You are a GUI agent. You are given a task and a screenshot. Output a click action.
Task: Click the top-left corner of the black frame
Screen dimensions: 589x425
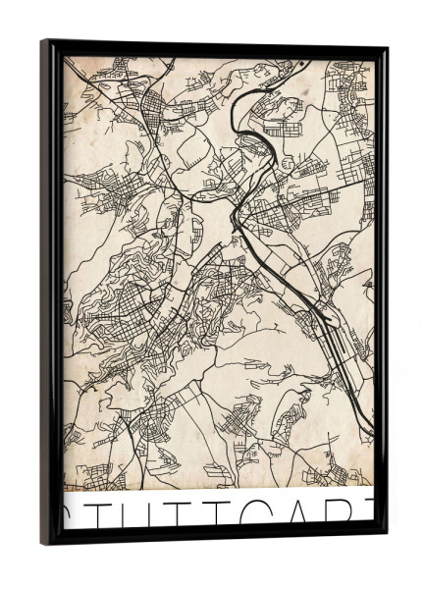pos(43,42)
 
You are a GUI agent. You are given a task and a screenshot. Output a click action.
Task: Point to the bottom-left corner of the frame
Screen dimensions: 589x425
pos(44,541)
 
